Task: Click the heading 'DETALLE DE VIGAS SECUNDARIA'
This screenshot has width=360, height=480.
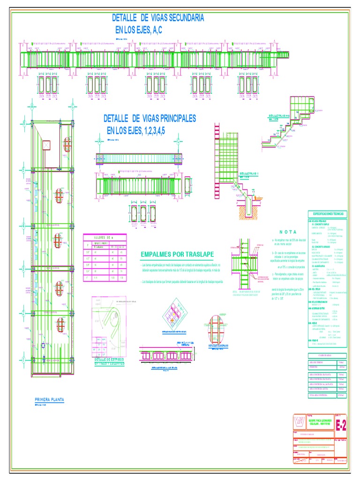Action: click(158, 18)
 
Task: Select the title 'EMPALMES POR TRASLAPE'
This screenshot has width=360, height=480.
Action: click(177, 255)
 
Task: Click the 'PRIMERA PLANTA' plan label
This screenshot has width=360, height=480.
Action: click(49, 400)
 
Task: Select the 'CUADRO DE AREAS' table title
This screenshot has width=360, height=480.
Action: click(327, 356)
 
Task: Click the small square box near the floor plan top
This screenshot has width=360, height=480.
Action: click(46, 145)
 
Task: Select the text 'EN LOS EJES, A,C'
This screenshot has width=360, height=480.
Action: click(136, 30)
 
